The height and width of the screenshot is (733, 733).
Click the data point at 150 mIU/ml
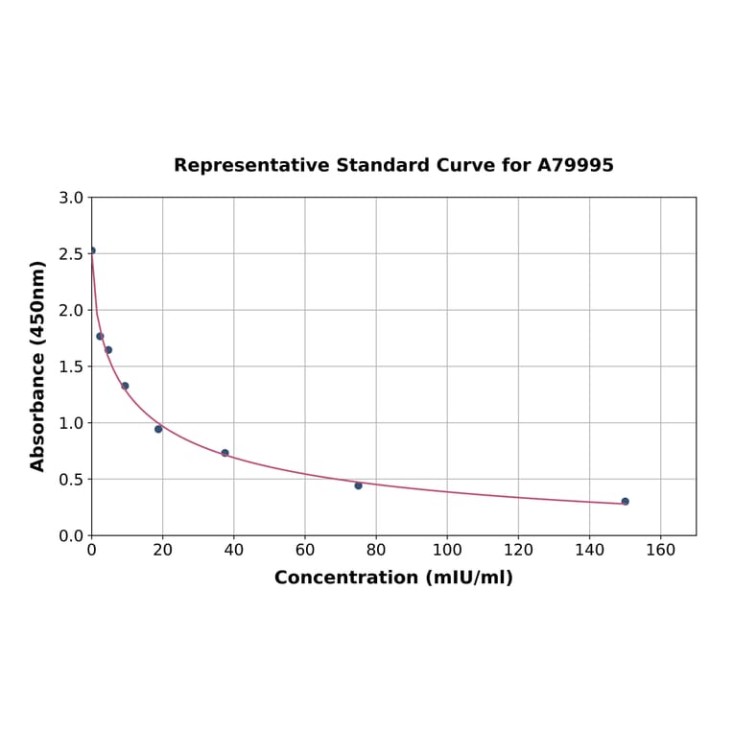(x=625, y=501)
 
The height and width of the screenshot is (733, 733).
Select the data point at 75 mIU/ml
(x=358, y=485)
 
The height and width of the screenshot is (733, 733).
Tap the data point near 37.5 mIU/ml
(x=225, y=453)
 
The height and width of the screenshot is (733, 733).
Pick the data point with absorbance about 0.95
(x=158, y=429)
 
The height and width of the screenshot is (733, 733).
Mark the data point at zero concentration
(x=92, y=250)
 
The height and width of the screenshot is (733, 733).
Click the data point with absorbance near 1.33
(x=125, y=386)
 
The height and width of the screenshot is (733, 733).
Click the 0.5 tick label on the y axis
(x=70, y=480)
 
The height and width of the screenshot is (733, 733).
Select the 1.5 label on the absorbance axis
(x=70, y=366)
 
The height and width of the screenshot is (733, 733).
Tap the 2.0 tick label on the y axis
(x=70, y=311)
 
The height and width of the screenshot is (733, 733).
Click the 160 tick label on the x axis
(x=660, y=550)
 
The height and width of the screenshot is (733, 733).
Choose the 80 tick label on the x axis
(x=376, y=550)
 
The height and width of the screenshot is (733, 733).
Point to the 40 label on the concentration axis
(x=233, y=550)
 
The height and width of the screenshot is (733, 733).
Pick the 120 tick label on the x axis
(x=518, y=550)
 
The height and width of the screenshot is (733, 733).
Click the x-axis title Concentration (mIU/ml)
(x=393, y=578)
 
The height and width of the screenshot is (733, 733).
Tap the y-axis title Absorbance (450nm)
(x=38, y=366)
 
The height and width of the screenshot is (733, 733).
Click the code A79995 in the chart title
(x=575, y=165)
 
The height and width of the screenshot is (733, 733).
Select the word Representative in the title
(x=252, y=165)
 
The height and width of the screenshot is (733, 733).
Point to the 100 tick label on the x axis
(x=447, y=550)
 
